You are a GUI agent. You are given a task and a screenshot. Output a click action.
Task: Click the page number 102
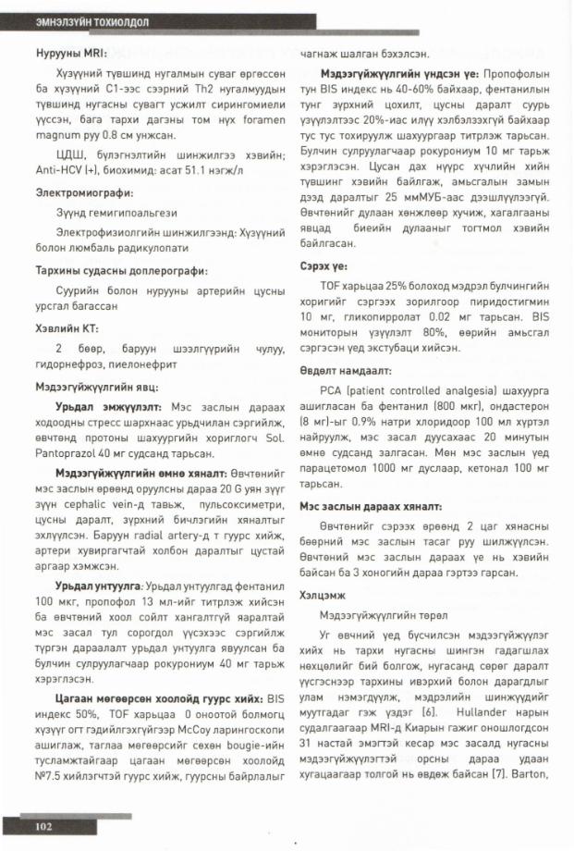pyautogui.click(x=44, y=825)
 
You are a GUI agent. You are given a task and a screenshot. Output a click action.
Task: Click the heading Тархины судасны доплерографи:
pyautogui.click(x=119, y=271)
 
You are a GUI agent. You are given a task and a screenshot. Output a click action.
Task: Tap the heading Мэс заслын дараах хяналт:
pyautogui.click(x=370, y=507)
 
